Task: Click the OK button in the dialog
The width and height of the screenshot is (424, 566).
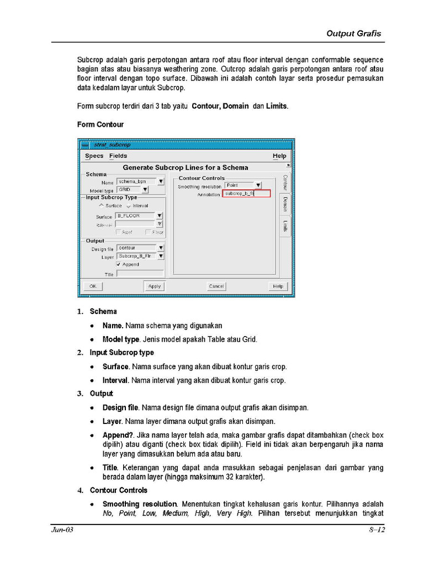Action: click(92, 286)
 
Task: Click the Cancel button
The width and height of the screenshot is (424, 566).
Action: click(216, 286)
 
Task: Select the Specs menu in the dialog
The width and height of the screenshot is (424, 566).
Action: click(94, 156)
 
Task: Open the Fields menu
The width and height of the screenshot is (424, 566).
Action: click(118, 156)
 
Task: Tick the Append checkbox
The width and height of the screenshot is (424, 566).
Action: click(119, 265)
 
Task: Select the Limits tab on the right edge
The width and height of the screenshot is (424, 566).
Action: click(285, 226)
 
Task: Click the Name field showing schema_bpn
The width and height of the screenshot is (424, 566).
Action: click(136, 181)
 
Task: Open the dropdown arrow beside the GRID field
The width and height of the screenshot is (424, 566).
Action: click(145, 190)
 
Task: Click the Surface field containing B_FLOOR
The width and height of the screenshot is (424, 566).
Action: click(135, 216)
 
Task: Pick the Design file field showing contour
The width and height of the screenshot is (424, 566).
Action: click(136, 248)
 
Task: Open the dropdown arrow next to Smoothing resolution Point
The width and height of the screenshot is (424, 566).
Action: click(258, 186)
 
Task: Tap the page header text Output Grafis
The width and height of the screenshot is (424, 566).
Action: click(353, 33)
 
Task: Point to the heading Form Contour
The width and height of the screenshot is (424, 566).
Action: click(100, 124)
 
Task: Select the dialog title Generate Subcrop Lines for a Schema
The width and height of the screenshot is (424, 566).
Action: click(185, 167)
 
